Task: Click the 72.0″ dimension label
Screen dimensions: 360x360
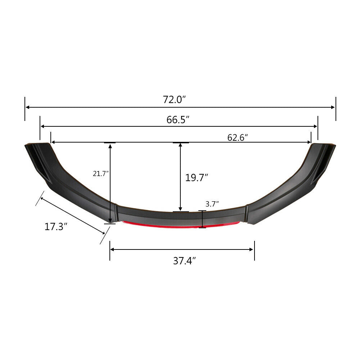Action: (x=174, y=100)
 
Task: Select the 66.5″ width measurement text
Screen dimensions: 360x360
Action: (x=178, y=120)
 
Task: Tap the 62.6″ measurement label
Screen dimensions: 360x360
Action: (x=238, y=138)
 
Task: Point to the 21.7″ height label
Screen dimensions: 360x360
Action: (x=100, y=174)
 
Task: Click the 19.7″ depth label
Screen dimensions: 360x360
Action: (x=197, y=177)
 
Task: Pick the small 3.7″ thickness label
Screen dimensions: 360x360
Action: (x=212, y=204)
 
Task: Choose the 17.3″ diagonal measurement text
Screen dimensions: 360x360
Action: (x=56, y=227)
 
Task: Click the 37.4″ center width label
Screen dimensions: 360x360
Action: (x=184, y=261)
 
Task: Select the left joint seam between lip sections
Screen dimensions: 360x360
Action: (x=116, y=213)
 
